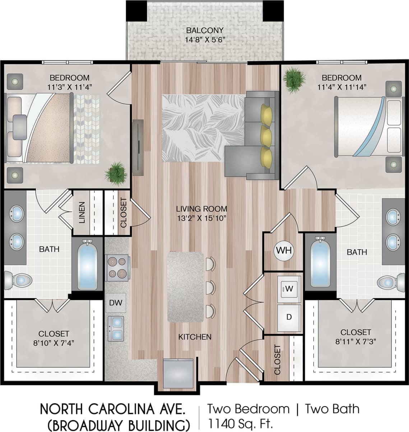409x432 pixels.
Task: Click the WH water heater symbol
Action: click(284, 250)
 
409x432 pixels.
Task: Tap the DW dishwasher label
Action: click(116, 303)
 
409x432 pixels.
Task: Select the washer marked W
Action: click(289, 288)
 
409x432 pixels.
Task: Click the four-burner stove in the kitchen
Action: click(117, 268)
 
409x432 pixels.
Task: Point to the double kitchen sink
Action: click(116, 329)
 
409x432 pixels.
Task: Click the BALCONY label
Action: click(205, 31)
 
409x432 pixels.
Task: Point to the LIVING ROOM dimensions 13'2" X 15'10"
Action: click(201, 218)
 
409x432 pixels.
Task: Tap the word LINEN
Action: click(82, 213)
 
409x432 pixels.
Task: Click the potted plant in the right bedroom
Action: click(294, 79)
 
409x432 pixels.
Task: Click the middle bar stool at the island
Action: click(210, 287)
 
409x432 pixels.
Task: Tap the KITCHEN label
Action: click(195, 337)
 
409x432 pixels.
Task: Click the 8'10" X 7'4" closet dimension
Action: click(54, 343)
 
